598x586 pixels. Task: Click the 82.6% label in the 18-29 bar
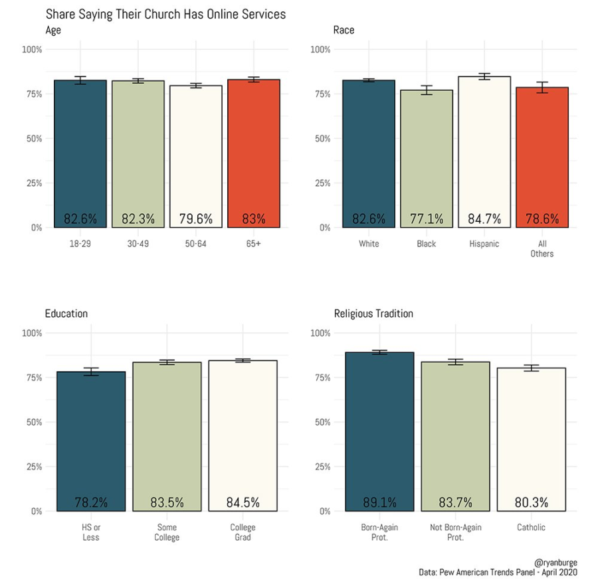[x=80, y=219]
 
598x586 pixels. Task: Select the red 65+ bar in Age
[x=253, y=153]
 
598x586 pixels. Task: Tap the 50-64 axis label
[x=195, y=244]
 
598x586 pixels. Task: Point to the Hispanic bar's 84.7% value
[x=484, y=219]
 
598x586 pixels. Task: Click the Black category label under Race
[x=426, y=244]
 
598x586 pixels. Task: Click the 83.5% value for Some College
[x=167, y=502]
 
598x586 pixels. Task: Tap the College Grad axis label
[x=243, y=532]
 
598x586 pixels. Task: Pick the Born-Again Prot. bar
[x=379, y=432]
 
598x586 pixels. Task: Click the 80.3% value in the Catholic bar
[x=531, y=502]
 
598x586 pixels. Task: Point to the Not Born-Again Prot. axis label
[x=455, y=532]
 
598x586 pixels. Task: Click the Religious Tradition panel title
[x=373, y=314]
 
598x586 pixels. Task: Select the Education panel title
[x=66, y=314]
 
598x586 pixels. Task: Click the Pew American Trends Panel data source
[x=498, y=572]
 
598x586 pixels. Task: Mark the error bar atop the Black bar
[x=427, y=90]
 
